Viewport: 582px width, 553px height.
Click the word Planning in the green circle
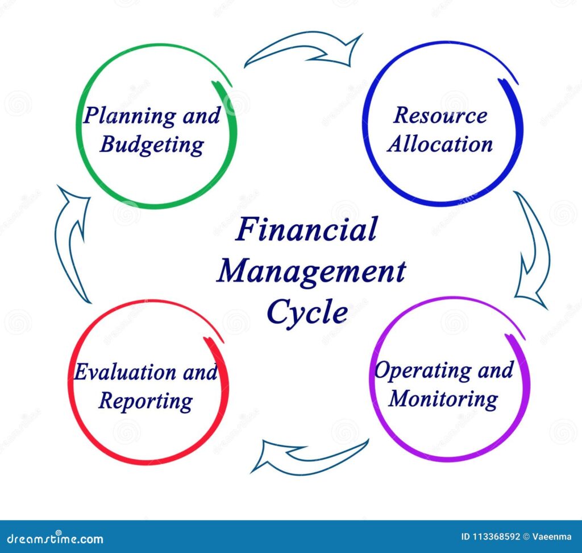coord(130,117)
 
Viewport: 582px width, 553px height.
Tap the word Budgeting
coord(152,145)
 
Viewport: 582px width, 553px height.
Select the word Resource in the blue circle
coord(440,115)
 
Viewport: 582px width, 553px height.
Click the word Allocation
coord(440,144)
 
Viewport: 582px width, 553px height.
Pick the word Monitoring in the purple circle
coord(443,399)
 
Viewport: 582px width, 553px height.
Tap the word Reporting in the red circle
coord(145,402)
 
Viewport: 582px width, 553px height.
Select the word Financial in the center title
coord(306,229)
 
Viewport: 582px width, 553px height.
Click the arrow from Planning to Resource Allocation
coord(304,49)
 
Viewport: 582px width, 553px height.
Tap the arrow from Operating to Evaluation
coord(309,456)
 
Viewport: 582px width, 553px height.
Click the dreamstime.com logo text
coord(55,539)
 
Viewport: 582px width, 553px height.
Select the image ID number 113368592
coord(496,537)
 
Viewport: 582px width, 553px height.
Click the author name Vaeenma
coord(552,537)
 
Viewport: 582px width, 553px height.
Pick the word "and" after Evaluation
coord(200,372)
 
